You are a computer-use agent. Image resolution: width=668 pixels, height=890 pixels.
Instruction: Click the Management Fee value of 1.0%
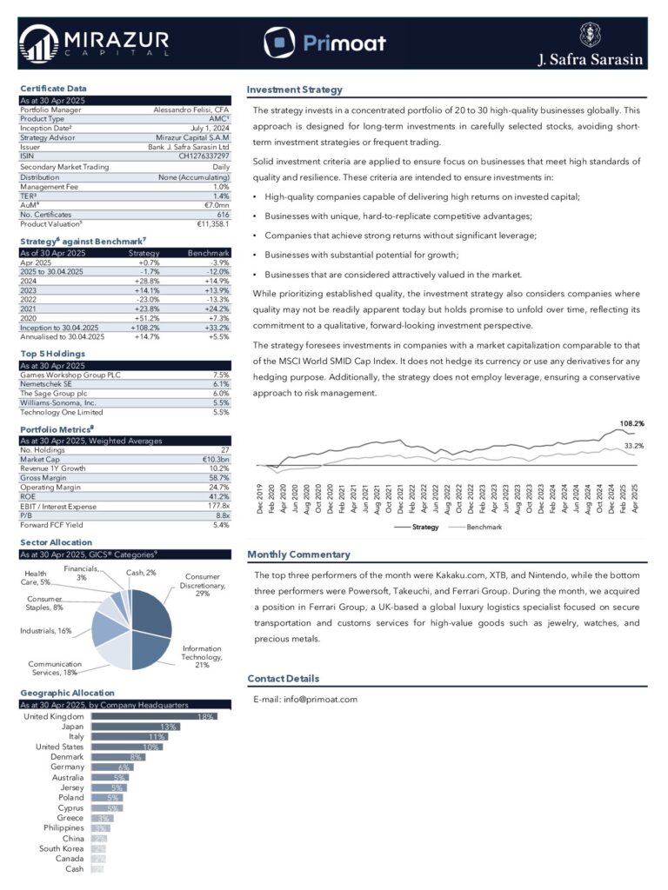(221, 187)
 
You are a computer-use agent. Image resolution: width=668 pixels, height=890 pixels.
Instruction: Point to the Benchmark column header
(209, 253)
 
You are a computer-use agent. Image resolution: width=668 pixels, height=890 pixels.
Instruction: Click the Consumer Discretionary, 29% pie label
(203, 584)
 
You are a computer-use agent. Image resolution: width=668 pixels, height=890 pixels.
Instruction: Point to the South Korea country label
(62, 848)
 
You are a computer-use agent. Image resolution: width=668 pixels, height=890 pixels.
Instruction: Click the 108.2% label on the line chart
(631, 423)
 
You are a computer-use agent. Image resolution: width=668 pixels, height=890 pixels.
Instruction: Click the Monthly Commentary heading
(298, 555)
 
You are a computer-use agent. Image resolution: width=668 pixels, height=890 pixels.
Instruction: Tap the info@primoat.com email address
(318, 699)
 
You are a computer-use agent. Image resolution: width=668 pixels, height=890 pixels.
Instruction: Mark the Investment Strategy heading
(294, 90)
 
